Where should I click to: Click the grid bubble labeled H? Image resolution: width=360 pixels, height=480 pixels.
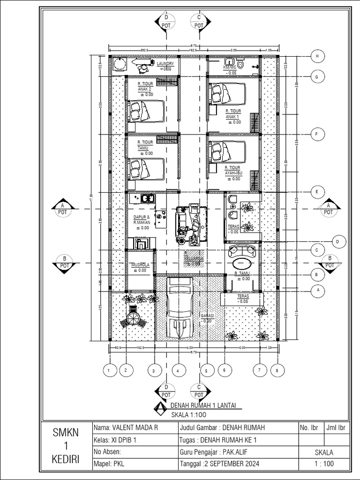tap(317, 56)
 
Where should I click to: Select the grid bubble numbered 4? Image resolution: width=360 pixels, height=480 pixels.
tap(178, 370)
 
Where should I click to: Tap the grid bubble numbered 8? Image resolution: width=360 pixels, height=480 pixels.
tap(277, 370)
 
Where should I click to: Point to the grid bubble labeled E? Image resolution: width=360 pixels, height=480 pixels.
tap(317, 192)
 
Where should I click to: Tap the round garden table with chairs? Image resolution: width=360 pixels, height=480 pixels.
tap(133, 320)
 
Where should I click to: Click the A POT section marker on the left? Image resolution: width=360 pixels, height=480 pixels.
tap(62, 209)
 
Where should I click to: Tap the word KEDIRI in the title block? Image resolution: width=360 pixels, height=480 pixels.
tap(66, 461)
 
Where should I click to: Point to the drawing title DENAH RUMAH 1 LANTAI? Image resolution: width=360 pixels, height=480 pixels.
tap(203, 405)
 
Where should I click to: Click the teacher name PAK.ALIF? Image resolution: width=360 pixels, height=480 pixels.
tap(235, 452)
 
